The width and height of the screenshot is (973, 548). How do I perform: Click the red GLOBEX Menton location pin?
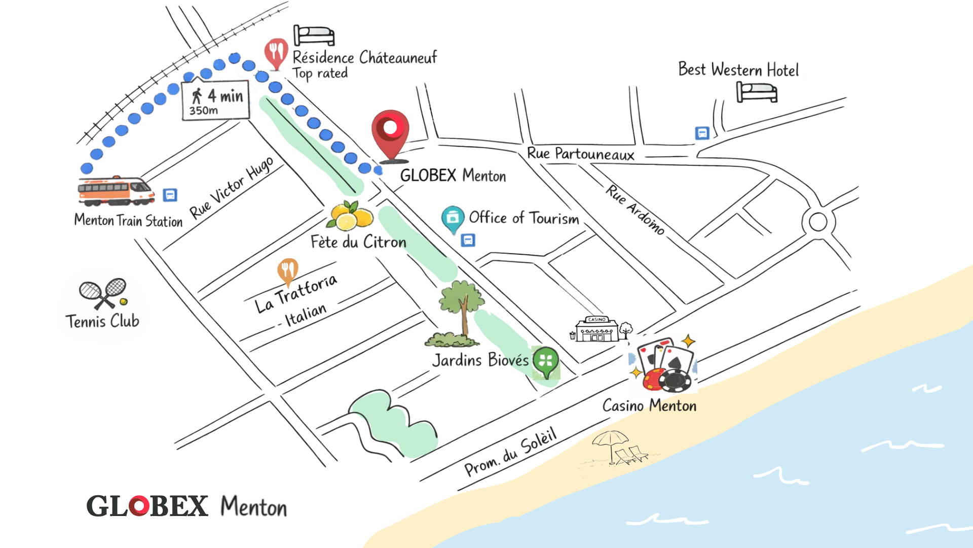(x=390, y=133)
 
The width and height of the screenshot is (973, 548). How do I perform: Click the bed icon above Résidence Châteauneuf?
(x=314, y=36)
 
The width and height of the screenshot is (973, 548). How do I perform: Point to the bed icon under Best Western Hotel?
(x=757, y=92)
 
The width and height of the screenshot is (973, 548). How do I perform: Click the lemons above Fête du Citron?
(x=350, y=216)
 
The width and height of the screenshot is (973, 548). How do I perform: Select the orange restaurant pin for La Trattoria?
(x=287, y=271)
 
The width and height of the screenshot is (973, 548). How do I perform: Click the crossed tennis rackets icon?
(x=103, y=293)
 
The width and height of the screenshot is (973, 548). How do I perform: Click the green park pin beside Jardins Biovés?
(x=546, y=362)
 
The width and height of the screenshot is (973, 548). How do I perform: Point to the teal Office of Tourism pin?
(x=453, y=219)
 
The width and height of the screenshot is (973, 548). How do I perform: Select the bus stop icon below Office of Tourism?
(x=468, y=240)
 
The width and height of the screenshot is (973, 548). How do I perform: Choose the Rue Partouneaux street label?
(x=581, y=154)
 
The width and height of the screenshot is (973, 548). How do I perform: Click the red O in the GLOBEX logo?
(x=139, y=506)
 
